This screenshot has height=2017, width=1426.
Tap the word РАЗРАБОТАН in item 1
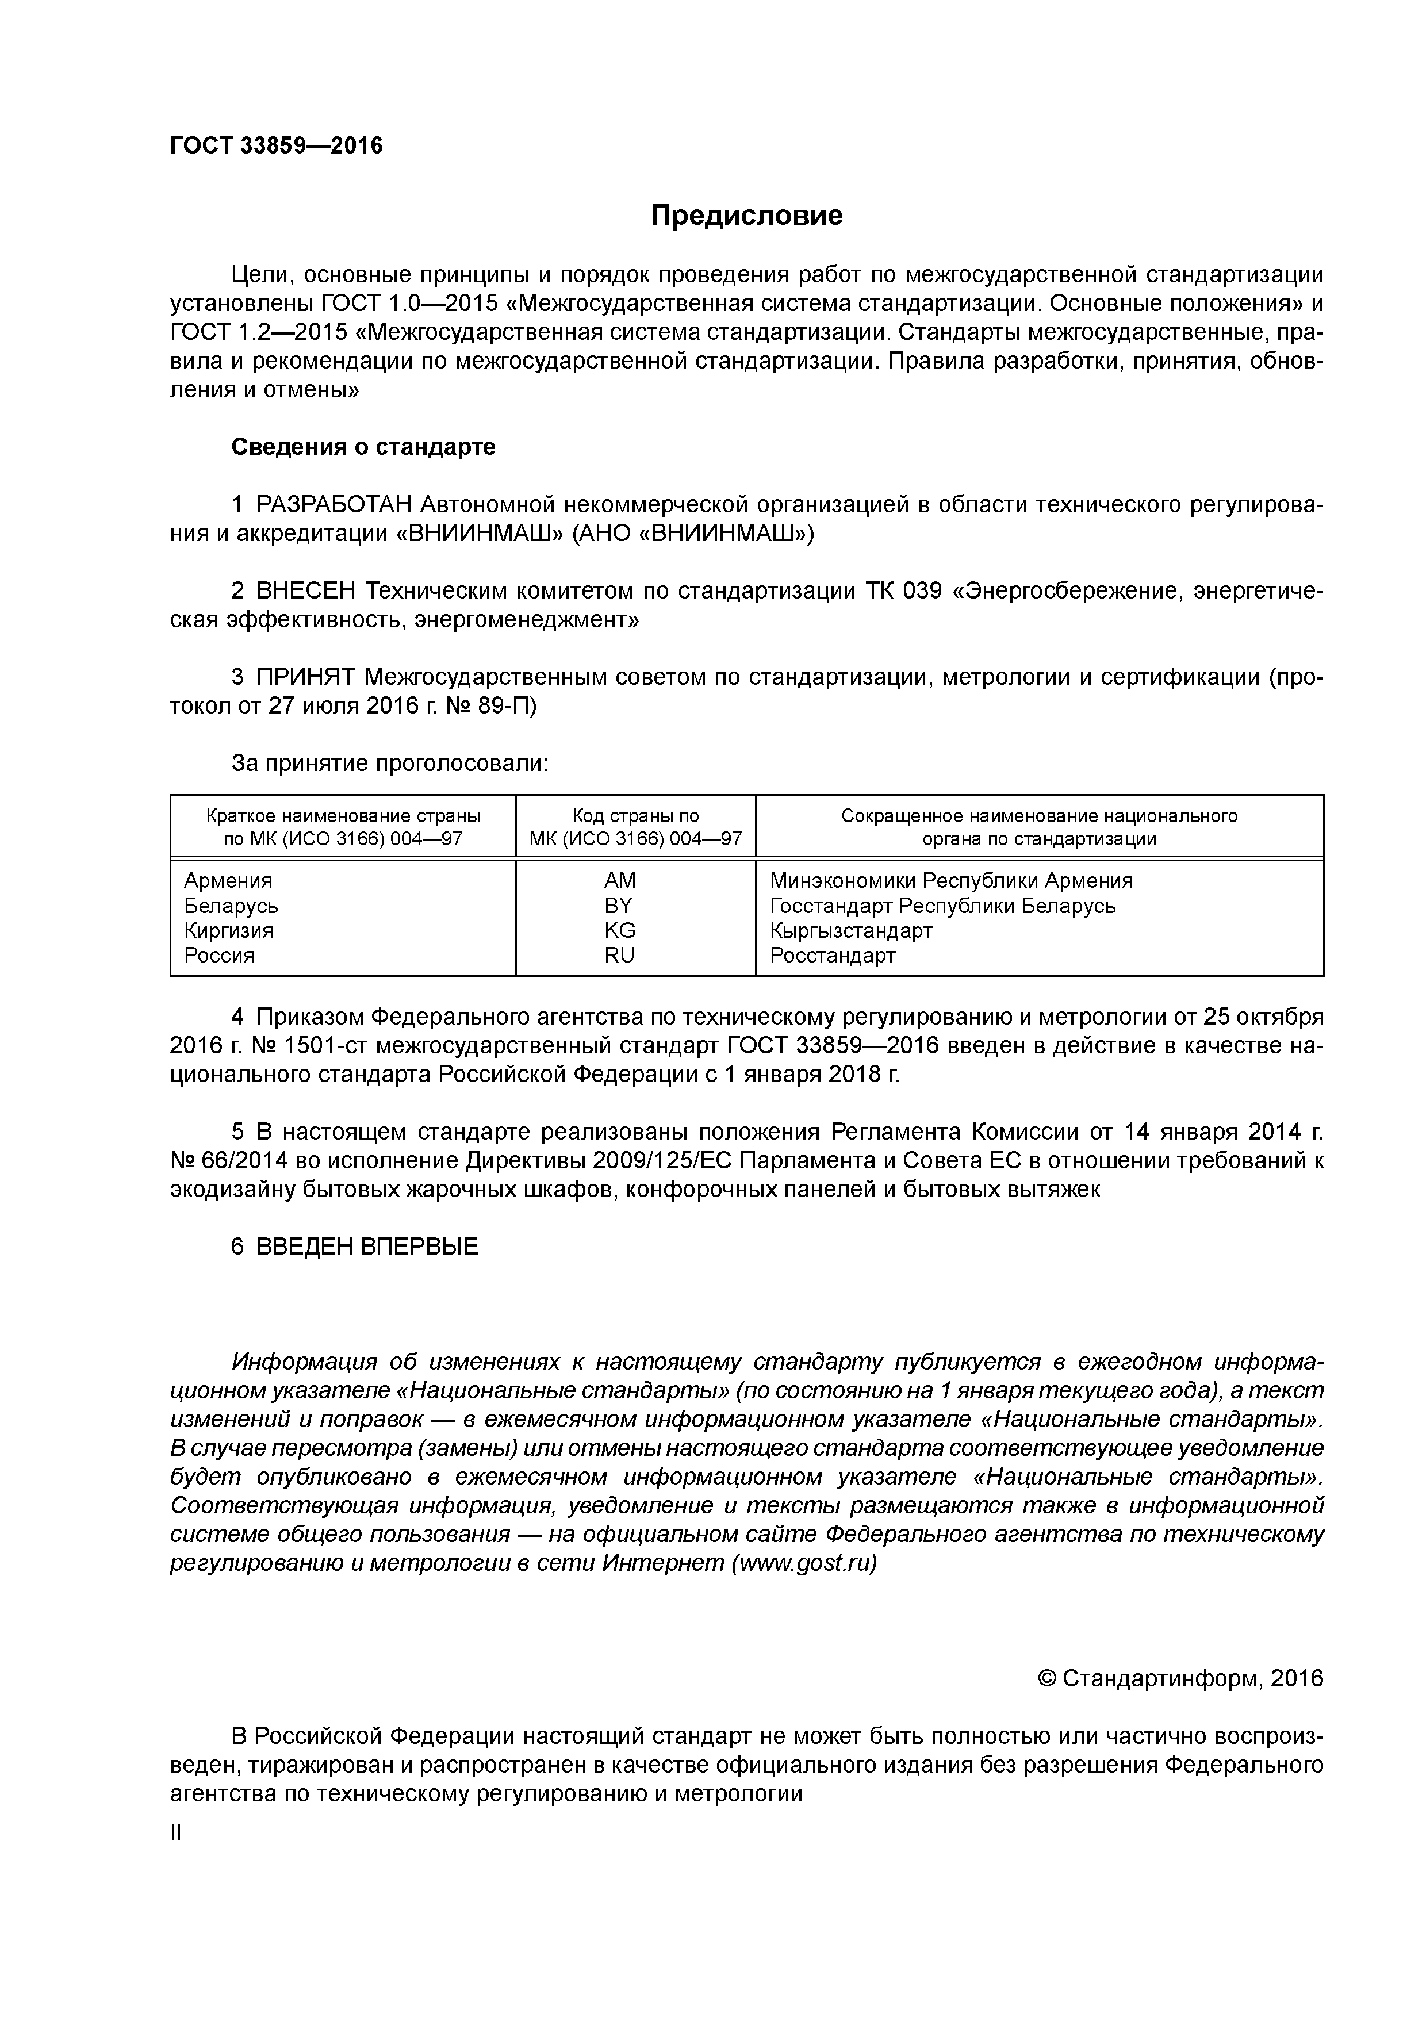click(334, 505)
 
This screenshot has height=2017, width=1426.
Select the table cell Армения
click(228, 880)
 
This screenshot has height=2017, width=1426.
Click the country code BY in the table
click(619, 906)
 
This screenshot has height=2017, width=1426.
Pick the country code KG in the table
click(619, 930)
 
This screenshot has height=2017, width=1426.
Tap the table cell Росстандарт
click(832, 956)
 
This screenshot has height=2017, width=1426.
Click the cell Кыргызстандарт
click(850, 930)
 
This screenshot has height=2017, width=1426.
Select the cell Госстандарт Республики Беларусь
click(942, 906)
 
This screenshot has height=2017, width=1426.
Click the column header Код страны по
click(635, 815)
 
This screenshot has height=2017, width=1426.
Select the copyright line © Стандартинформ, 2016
click(1180, 1679)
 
